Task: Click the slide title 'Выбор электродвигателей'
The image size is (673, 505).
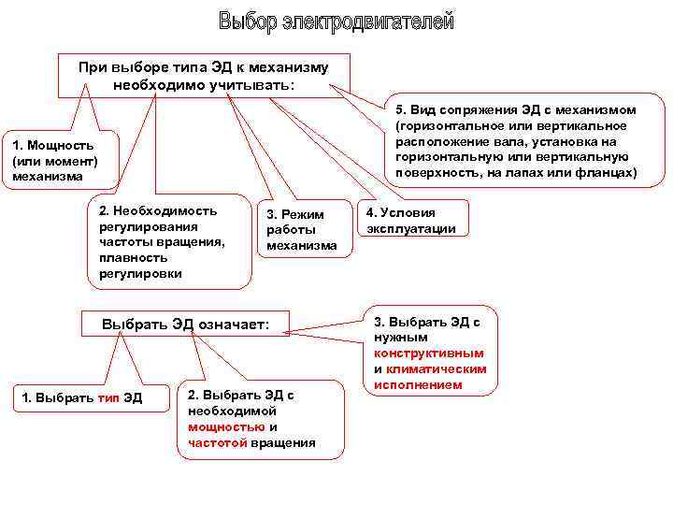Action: coord(336,21)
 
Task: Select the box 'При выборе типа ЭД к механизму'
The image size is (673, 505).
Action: coord(204,76)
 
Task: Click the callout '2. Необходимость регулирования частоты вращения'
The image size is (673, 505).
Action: coord(168,241)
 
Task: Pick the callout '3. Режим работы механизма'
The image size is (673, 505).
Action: coord(301,230)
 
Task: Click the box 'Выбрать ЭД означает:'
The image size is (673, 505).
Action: coord(185,324)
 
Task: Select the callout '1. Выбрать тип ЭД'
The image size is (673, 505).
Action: coord(82,398)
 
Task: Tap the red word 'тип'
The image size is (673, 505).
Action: coord(108,398)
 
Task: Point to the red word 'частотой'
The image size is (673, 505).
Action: coord(218,442)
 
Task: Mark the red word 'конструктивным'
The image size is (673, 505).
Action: coord(429,353)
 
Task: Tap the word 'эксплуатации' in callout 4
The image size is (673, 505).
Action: coord(411,228)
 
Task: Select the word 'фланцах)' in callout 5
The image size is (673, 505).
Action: coord(607,173)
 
